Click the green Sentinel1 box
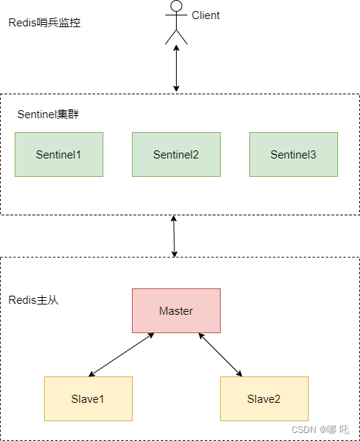[x=59, y=154]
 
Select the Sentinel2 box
[x=176, y=154]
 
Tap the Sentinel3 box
[x=293, y=154]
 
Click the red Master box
[x=176, y=310]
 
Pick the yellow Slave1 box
[x=88, y=398]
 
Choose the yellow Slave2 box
[x=264, y=398]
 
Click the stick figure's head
[x=175, y=7]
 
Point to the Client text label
[x=205, y=15]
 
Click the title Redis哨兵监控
[x=44, y=23]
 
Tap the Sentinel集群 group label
[x=48, y=115]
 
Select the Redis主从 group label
[x=33, y=301]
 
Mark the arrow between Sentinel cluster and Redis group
[x=174, y=236]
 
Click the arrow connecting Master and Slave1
[x=122, y=354]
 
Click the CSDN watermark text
[x=303, y=429]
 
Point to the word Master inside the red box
[x=176, y=311]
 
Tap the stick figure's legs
[x=175, y=37]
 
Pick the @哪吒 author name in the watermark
[x=334, y=429]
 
